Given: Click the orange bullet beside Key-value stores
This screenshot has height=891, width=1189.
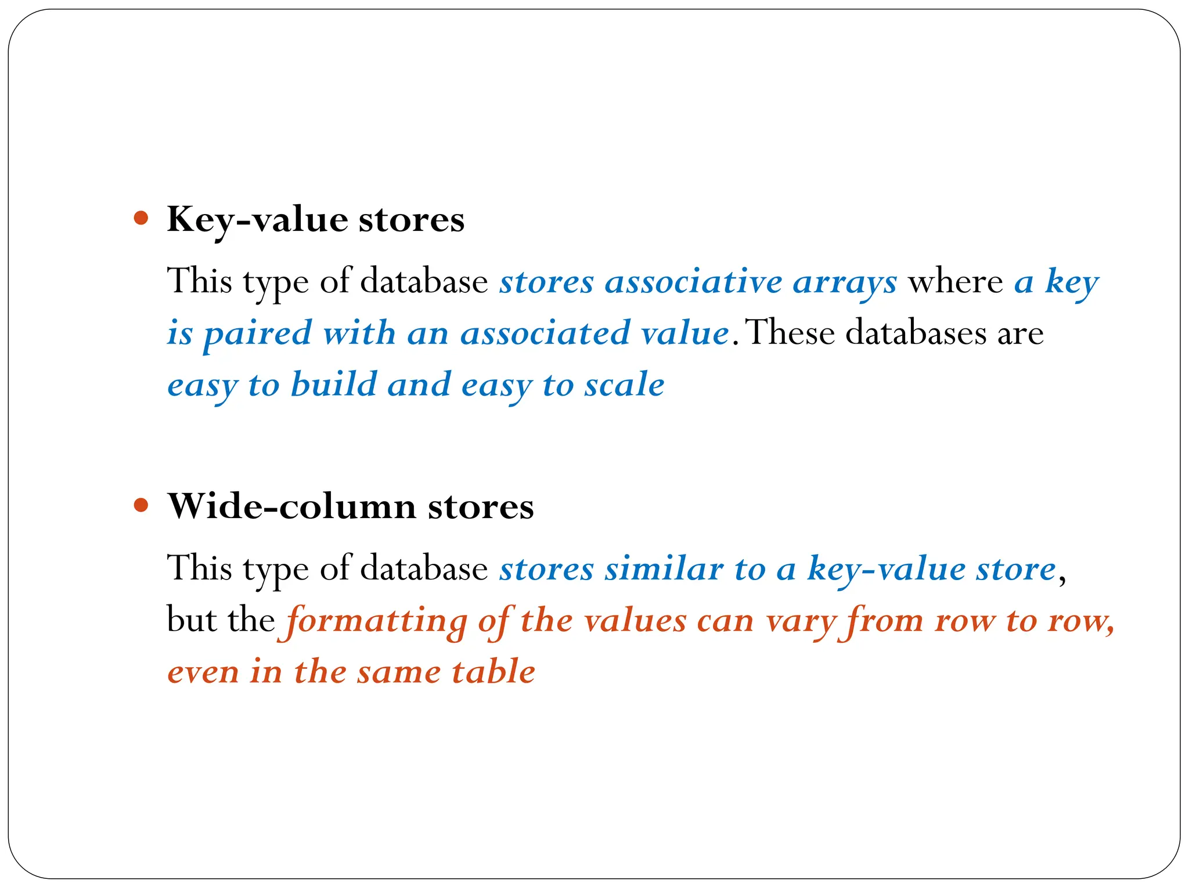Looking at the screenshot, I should (141, 219).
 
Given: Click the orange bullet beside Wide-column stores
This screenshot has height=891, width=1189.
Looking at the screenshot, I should (141, 505).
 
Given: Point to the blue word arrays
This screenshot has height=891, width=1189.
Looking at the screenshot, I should (845, 283).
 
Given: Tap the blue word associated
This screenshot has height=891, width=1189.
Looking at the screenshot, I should (545, 334).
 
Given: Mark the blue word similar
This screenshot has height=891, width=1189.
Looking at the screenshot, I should (664, 568).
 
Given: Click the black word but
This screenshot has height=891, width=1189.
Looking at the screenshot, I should (190, 620).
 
